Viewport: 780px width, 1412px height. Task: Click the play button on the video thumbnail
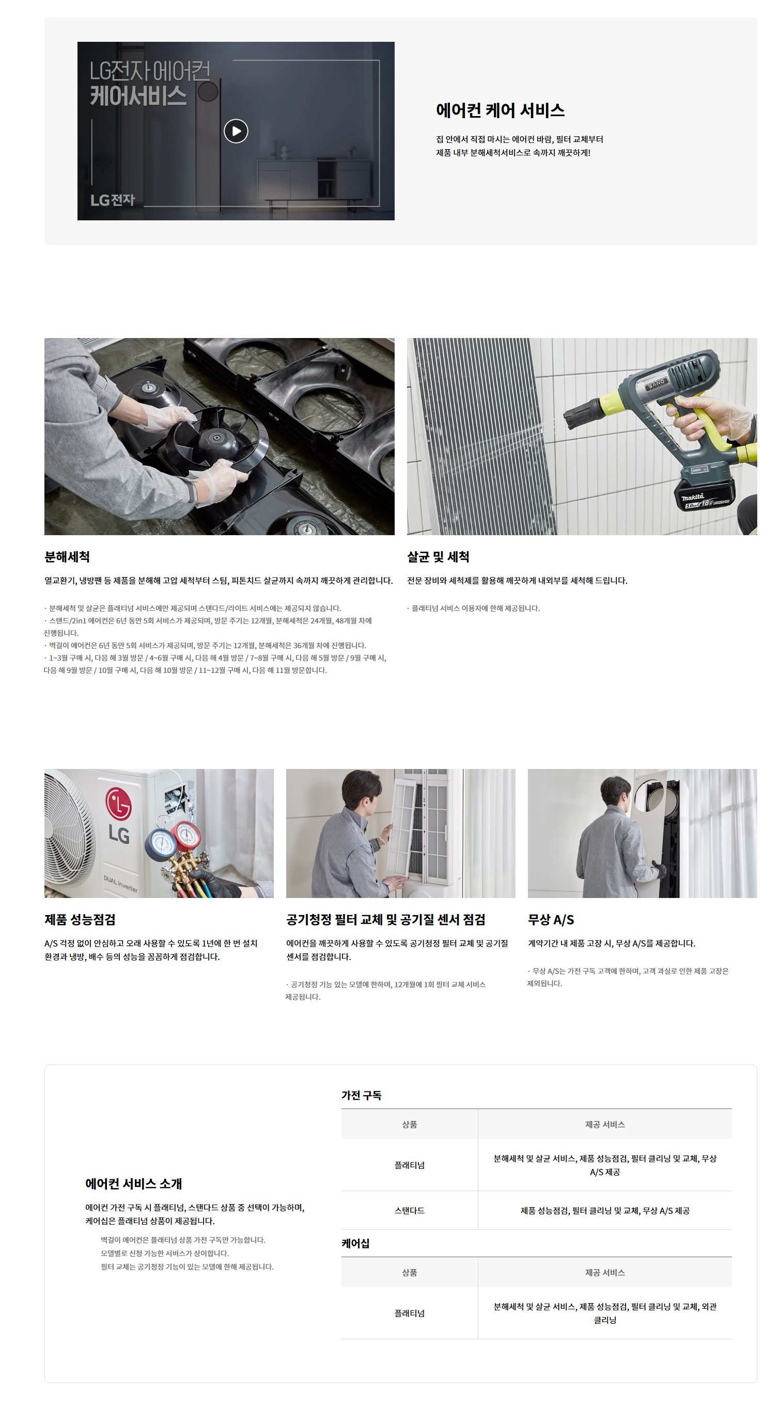tap(236, 131)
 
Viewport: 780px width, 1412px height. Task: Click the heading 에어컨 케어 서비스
tap(500, 110)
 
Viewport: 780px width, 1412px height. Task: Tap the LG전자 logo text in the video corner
tap(113, 200)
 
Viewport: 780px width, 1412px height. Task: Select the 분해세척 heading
tap(67, 557)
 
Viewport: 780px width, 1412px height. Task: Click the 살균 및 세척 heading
tap(438, 557)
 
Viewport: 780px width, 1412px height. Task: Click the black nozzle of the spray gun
tap(583, 413)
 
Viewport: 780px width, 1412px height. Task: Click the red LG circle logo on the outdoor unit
tap(118, 804)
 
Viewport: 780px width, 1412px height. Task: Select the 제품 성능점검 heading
tap(80, 920)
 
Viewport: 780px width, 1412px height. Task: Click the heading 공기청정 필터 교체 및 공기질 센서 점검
tap(386, 920)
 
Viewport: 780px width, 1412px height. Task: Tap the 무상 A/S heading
tap(551, 920)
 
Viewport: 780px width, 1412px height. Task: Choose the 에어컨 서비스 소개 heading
tap(133, 1183)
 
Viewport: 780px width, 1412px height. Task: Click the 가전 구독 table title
tap(362, 1095)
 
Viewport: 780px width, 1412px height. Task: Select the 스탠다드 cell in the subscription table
tap(409, 1210)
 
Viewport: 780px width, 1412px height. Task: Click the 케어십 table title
tap(355, 1243)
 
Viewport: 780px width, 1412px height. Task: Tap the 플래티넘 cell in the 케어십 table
tap(409, 1313)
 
